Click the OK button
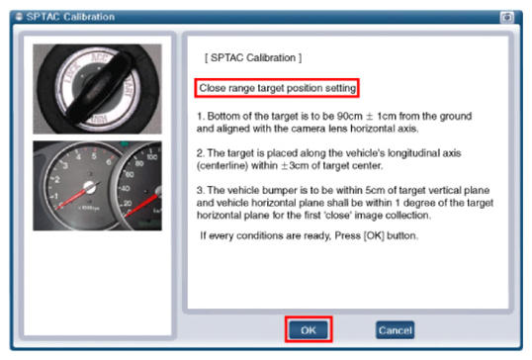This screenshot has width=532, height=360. pyautogui.click(x=309, y=329)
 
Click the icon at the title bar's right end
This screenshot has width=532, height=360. pyautogui.click(x=507, y=17)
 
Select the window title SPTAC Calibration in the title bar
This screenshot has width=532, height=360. pyautogui.click(x=70, y=17)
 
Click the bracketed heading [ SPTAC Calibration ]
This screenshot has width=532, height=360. pyautogui.click(x=253, y=57)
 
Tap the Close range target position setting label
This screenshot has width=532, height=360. pyautogui.click(x=277, y=88)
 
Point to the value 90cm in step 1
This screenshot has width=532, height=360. pyautogui.click(x=349, y=116)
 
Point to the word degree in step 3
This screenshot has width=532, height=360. pyautogui.click(x=419, y=203)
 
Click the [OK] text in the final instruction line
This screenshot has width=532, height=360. pyautogui.click(x=374, y=235)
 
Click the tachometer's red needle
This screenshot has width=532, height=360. pyautogui.click(x=72, y=198)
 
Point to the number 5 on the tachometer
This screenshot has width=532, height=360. pyautogui.click(x=94, y=155)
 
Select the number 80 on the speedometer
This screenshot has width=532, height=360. pyautogui.click(x=139, y=163)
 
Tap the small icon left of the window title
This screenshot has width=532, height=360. pyautogui.click(x=19, y=17)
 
